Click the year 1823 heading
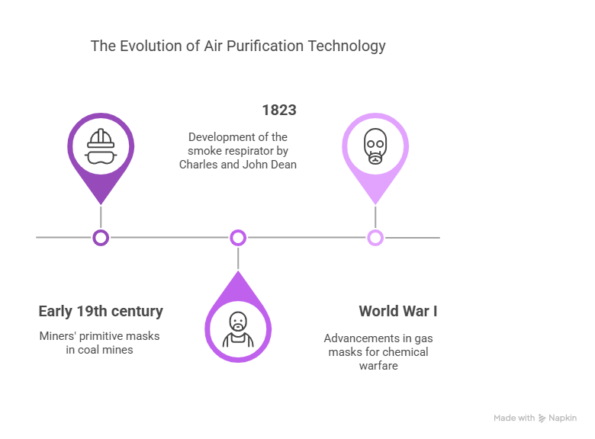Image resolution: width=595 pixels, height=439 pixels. tap(279, 110)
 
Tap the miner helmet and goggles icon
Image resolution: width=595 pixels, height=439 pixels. tap(101, 146)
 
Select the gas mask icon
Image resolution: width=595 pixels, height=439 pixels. tap(375, 146)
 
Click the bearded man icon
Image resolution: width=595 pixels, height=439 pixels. tap(238, 329)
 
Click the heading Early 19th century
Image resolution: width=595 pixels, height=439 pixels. tap(101, 311)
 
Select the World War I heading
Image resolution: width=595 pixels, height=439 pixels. tap(398, 311)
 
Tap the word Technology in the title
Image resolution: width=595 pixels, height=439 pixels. tap(346, 46)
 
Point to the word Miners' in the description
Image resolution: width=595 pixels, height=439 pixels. tap(57, 336)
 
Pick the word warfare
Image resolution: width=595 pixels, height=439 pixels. tap(378, 366)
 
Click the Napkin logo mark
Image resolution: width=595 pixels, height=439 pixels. tap(542, 418)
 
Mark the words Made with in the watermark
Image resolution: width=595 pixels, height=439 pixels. tap(514, 418)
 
